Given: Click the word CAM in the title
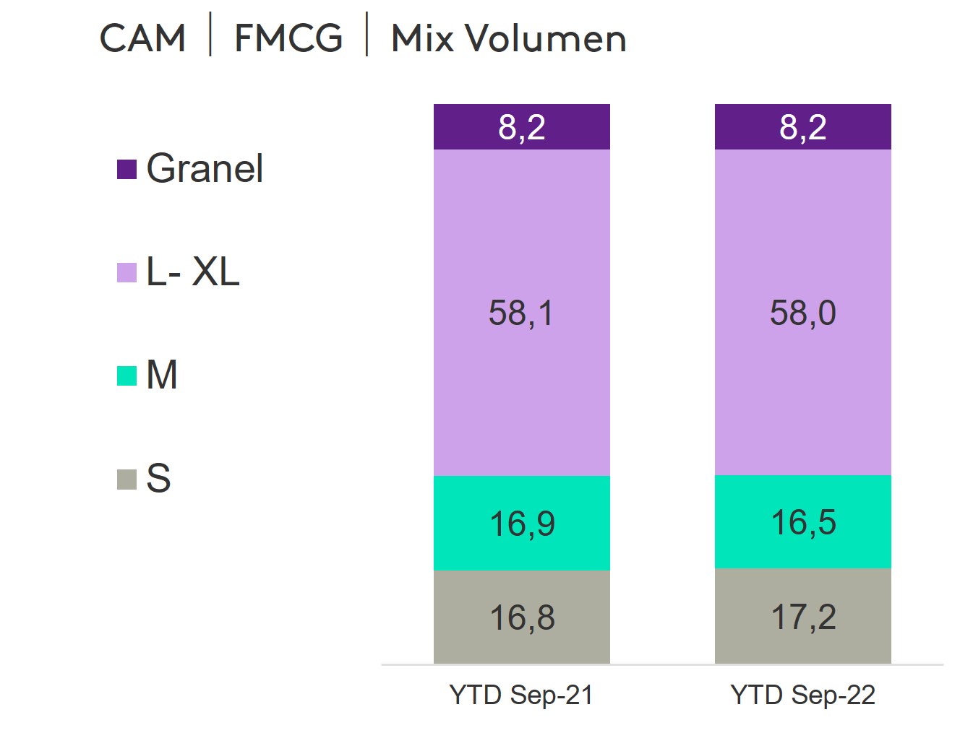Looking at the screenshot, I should pos(142,38).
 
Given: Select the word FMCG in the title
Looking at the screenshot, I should pos(288,38).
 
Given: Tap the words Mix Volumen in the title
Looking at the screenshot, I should pos(508,38).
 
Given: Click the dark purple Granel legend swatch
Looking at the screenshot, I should pos(127,170).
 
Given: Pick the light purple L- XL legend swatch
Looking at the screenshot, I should pos(127,272).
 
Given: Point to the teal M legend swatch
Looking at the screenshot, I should pos(127,376).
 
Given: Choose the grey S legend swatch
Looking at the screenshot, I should pos(127,479).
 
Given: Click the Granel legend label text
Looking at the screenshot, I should pos(205,169).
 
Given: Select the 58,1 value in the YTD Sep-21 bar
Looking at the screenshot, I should pos(521,313).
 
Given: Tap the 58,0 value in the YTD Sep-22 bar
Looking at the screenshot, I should pos(802,313).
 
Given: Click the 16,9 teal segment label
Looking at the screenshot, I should pos(522,524).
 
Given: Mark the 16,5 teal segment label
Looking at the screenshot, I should pos(803,522).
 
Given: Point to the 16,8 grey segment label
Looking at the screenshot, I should pos(522,618).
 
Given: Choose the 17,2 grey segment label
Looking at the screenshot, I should pos(803,617).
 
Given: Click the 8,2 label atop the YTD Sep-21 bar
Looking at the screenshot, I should pos(521,128).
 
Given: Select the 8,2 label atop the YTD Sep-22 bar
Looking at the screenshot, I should pos(802,128).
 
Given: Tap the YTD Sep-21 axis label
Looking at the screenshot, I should pos(521,695).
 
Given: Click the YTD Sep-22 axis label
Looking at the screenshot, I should pos(802,695).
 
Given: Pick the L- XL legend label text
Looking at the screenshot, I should pos(193,272).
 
